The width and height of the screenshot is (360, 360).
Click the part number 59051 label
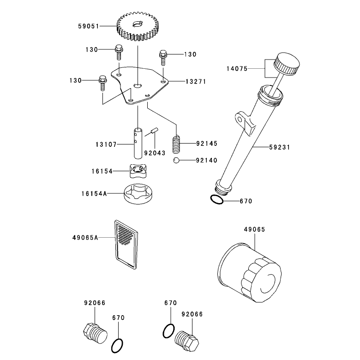(x=89, y=26)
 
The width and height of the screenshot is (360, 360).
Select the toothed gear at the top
(x=137, y=27)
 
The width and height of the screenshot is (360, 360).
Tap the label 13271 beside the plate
(x=196, y=82)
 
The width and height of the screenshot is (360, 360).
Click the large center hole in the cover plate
(x=138, y=86)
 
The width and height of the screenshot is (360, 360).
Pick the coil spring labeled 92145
(x=176, y=144)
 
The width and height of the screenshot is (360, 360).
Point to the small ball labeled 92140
(x=176, y=160)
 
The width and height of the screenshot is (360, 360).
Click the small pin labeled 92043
(x=154, y=131)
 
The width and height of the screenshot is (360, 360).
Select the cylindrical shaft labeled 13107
(x=138, y=143)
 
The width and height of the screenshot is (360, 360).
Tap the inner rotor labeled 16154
(x=138, y=171)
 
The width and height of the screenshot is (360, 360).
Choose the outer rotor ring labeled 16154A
(x=138, y=193)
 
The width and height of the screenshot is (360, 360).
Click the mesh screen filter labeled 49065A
(x=126, y=245)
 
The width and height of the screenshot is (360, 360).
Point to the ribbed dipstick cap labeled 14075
(x=287, y=64)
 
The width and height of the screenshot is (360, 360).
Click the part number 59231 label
(x=280, y=147)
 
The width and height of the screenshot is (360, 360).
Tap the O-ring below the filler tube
(x=216, y=200)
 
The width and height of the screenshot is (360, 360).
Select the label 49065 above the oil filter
(x=254, y=229)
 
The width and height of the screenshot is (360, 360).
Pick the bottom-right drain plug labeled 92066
(x=187, y=341)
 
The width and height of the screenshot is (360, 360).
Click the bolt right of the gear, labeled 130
(x=163, y=57)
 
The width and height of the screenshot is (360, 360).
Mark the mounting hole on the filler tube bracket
(x=240, y=120)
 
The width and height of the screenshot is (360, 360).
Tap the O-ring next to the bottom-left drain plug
(x=117, y=346)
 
